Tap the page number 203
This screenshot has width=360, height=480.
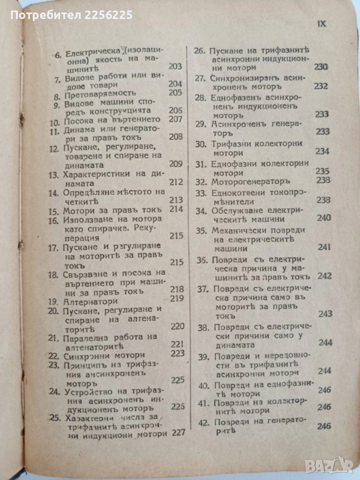(x=175, y=66)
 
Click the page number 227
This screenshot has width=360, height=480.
(x=178, y=433)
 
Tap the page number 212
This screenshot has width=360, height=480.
(x=176, y=182)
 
